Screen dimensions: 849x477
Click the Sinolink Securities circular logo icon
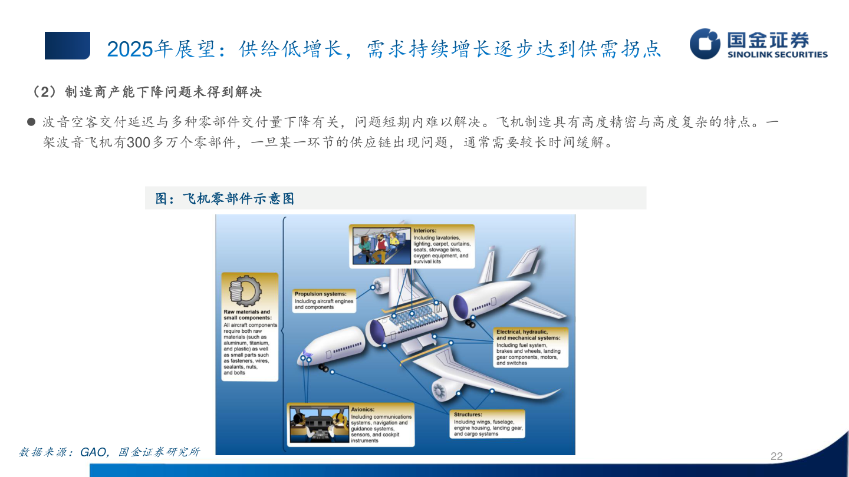pyautogui.click(x=705, y=44)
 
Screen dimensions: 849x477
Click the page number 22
pyautogui.click(x=776, y=456)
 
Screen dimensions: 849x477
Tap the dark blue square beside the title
pyautogui.click(x=67, y=45)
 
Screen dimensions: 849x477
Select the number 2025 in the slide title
pyautogui.click(x=130, y=49)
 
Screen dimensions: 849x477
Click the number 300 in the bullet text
pyautogui.click(x=139, y=143)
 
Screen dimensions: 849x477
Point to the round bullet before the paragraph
pyautogui.click(x=31, y=122)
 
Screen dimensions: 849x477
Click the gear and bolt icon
pyautogui.click(x=245, y=291)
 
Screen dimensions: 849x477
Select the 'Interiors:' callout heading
pyautogui.click(x=425, y=231)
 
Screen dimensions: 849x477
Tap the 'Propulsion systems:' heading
pyautogui.click(x=320, y=294)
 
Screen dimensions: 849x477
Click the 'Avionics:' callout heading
pyautogui.click(x=363, y=409)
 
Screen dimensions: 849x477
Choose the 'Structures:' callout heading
pyautogui.click(x=468, y=415)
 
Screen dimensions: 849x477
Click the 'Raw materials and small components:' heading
pyautogui.click(x=247, y=314)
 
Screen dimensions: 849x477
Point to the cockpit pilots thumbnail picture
pyautogui.click(x=319, y=424)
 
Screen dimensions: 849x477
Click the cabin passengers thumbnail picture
pyautogui.click(x=381, y=246)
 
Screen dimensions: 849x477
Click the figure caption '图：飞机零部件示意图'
pyautogui.click(x=225, y=198)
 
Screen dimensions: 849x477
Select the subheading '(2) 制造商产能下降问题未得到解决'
pyautogui.click(x=148, y=92)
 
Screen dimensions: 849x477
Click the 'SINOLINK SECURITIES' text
pyautogui.click(x=777, y=55)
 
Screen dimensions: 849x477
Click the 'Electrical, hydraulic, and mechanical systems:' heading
pyautogui.click(x=528, y=334)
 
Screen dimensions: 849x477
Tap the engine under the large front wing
pyautogui.click(x=446, y=389)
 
